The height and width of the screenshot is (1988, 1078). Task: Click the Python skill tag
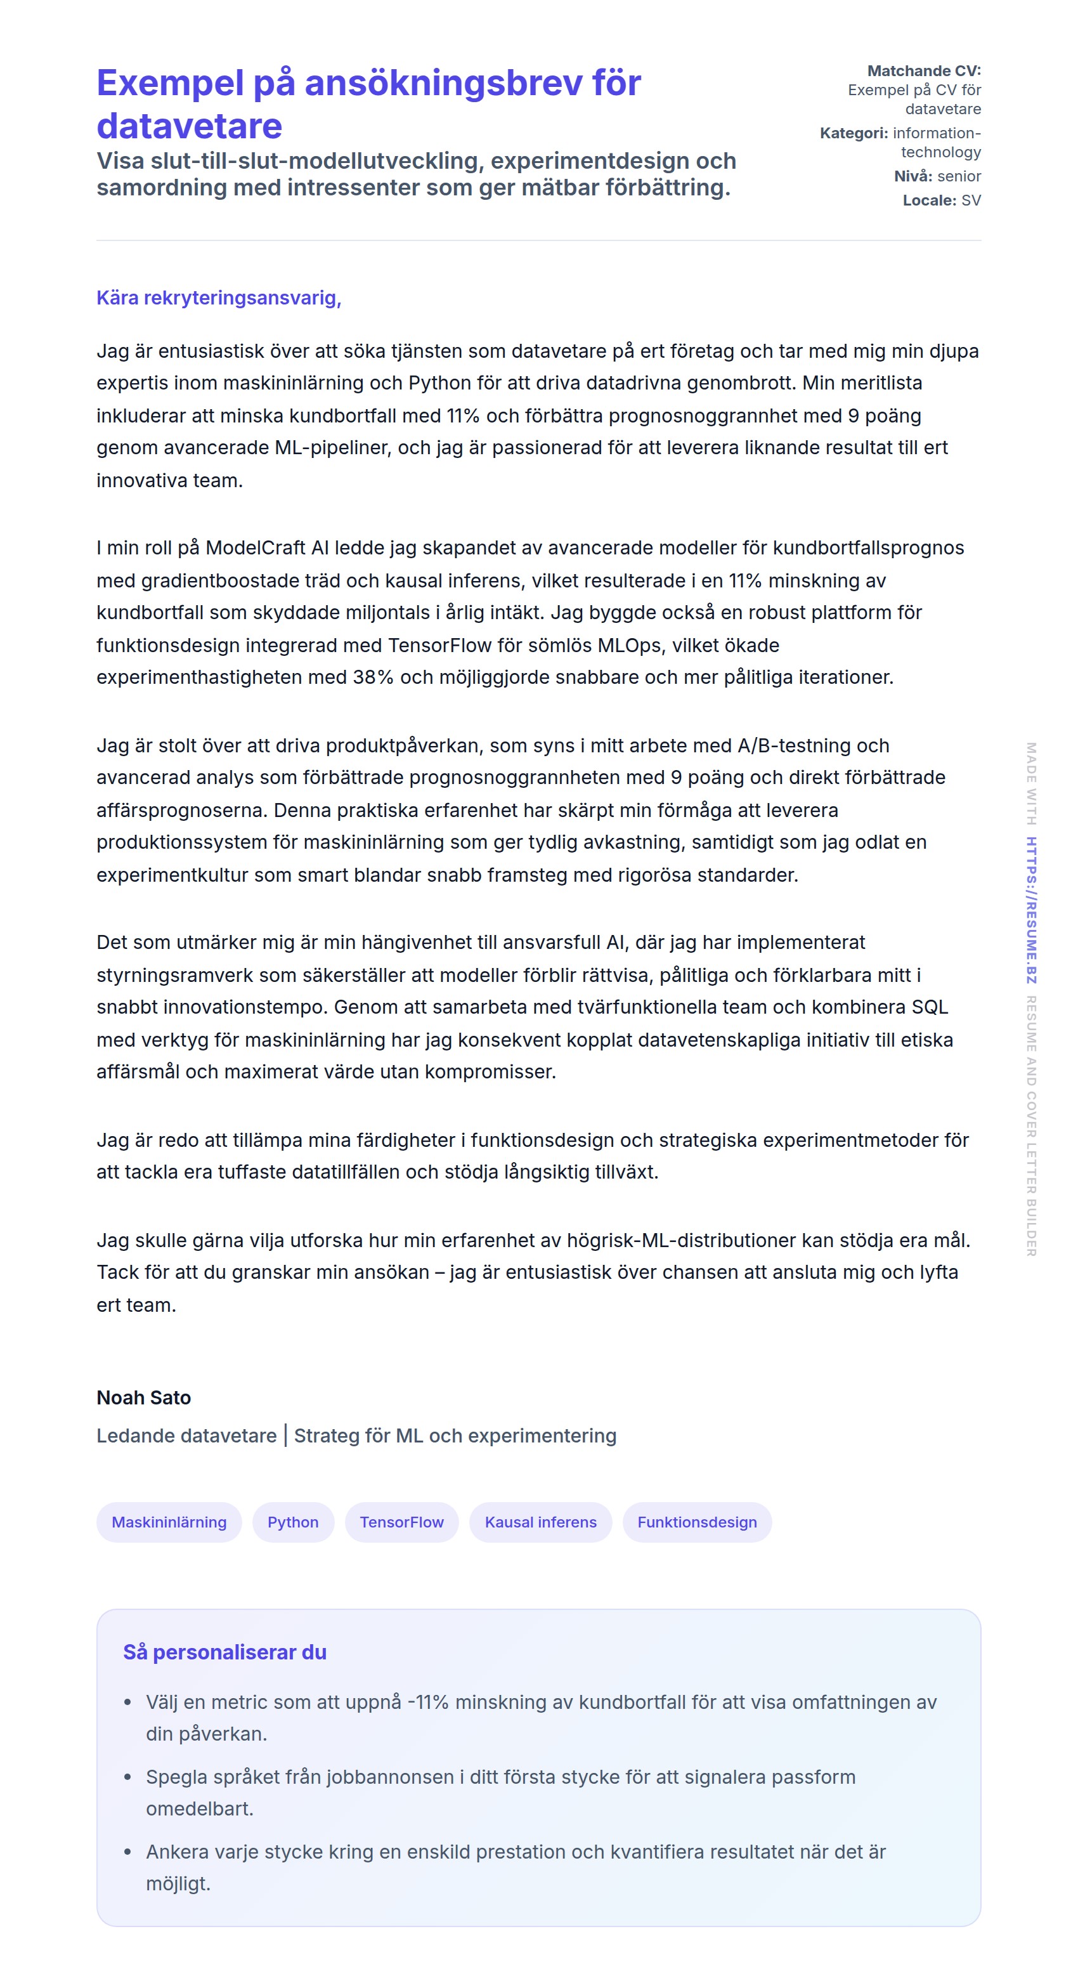pos(292,1522)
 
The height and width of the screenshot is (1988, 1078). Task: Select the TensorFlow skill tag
pos(401,1522)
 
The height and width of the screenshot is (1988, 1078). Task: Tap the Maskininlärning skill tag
pos(169,1522)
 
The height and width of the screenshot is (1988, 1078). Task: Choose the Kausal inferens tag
pos(540,1522)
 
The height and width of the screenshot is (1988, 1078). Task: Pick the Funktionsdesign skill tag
pos(697,1522)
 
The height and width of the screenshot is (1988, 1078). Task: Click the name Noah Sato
pos(143,1397)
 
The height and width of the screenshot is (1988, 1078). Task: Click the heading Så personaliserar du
pos(224,1652)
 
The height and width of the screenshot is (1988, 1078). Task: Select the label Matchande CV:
pos(924,71)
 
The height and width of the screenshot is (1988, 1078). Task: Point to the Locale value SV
pos(971,200)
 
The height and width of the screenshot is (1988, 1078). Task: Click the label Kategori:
pos(854,133)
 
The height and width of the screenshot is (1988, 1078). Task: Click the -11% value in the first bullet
pos(427,1703)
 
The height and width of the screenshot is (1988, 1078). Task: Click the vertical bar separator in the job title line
pos(285,1435)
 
